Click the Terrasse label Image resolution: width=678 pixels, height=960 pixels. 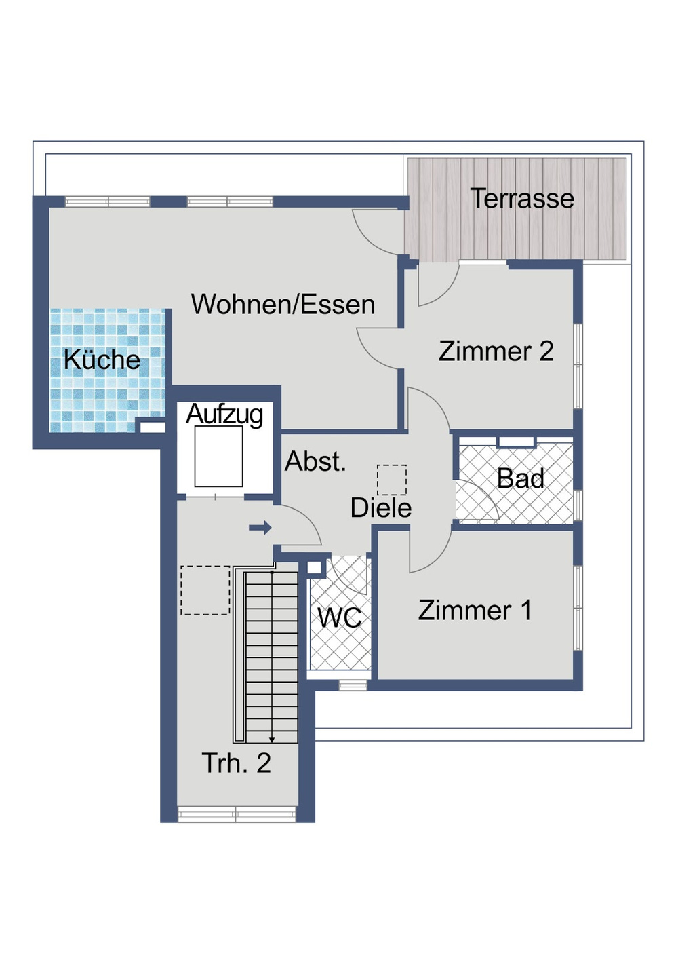point(521,199)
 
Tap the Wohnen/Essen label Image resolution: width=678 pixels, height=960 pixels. point(283,305)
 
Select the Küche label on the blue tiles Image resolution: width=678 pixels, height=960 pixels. point(102,360)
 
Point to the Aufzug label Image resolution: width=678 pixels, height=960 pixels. point(224,414)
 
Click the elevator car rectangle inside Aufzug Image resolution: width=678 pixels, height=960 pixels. point(218,456)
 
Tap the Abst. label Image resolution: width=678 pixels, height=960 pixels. point(315,461)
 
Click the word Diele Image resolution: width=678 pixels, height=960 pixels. point(380,507)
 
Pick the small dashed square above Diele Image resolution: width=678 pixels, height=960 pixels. point(392,480)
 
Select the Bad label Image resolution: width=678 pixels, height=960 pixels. point(520,479)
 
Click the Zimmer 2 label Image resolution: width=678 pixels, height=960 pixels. point(496,351)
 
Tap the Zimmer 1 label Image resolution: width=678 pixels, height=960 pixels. point(475,611)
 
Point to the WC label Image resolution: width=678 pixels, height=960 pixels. point(340,618)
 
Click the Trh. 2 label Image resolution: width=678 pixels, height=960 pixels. point(236,764)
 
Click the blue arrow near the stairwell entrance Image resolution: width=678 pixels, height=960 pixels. point(260,528)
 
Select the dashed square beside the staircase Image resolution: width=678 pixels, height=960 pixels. point(205,590)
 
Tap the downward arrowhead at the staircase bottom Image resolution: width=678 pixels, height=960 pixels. point(272,739)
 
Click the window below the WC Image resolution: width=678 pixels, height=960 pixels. point(353,685)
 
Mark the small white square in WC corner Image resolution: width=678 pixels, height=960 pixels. point(315,568)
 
